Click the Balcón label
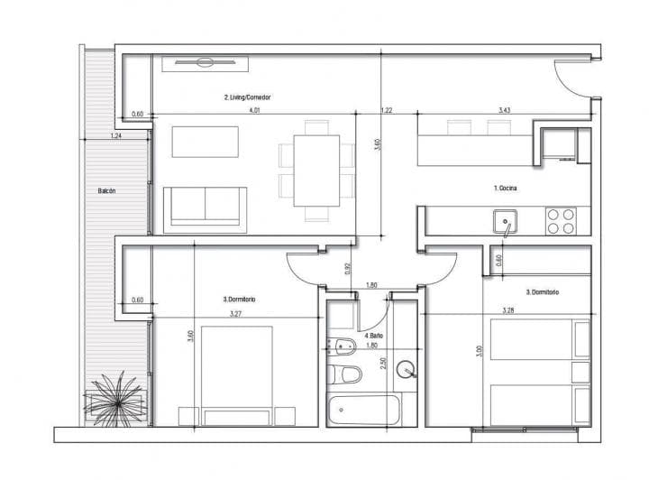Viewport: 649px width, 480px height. pyautogui.click(x=107, y=191)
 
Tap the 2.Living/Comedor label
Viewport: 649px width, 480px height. pyautogui.click(x=248, y=97)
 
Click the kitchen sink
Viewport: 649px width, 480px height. pyautogui.click(x=503, y=219)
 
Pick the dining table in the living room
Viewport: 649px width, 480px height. pyautogui.click(x=310, y=170)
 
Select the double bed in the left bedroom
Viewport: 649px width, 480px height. pyautogui.click(x=236, y=374)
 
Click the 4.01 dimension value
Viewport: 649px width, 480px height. pyautogui.click(x=255, y=110)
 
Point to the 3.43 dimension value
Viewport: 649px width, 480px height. pyautogui.click(x=506, y=110)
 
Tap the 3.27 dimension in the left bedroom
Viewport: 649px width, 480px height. pyautogui.click(x=235, y=314)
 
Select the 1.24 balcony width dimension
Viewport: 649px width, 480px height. pyautogui.click(x=115, y=135)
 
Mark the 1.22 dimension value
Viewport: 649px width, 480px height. pyautogui.click(x=386, y=110)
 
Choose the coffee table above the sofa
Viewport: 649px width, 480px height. pyautogui.click(x=206, y=142)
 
